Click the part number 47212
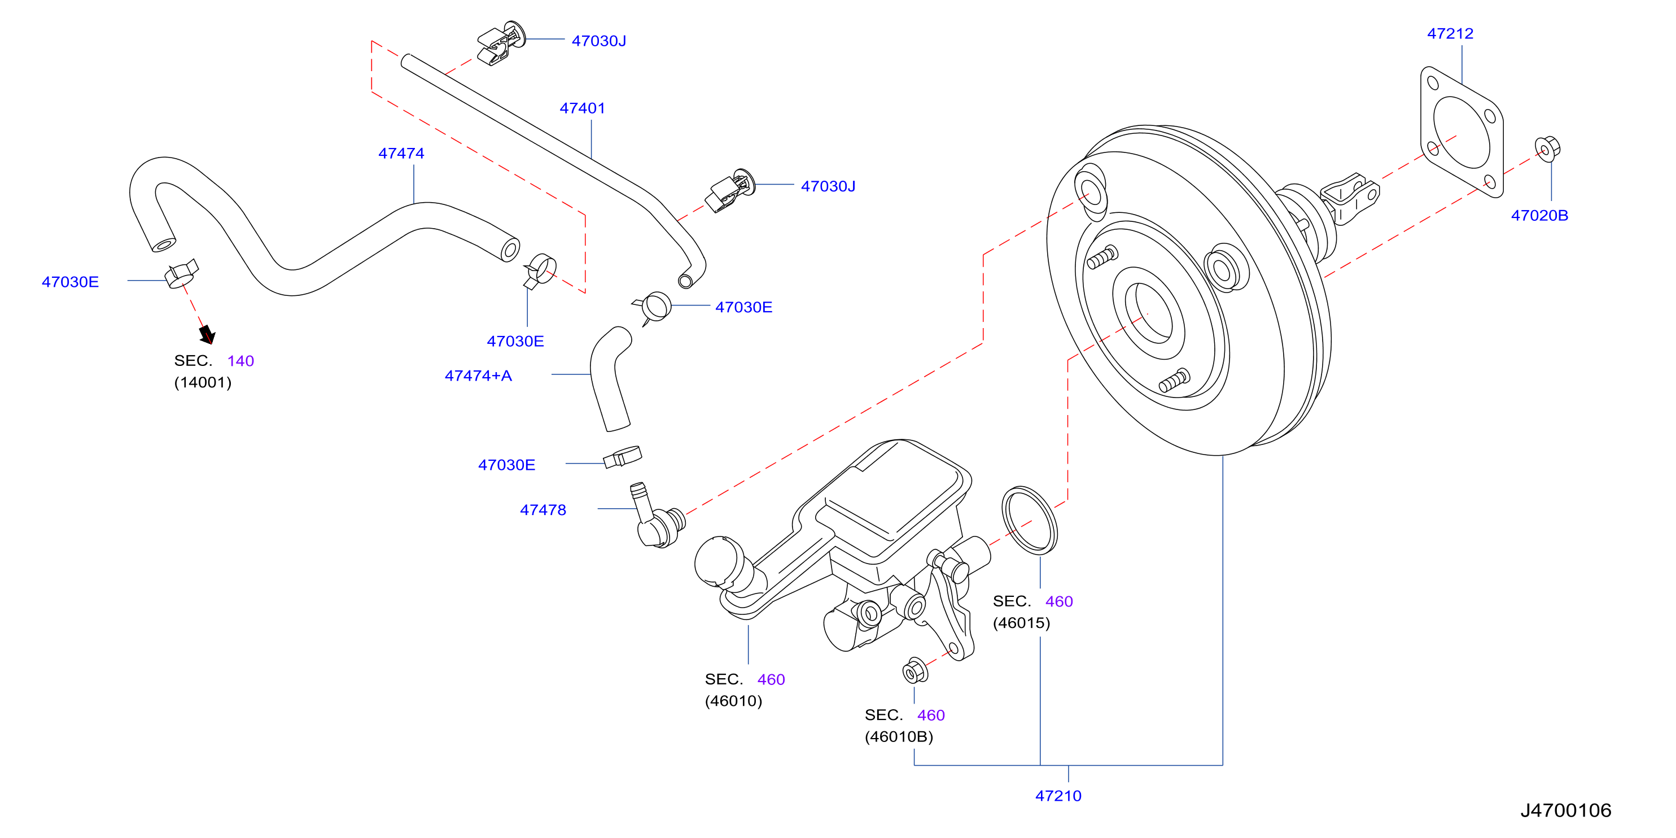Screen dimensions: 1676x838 click(1450, 33)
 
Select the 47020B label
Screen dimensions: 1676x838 click(1539, 215)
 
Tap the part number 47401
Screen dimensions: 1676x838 click(583, 108)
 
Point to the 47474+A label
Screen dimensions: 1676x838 click(478, 376)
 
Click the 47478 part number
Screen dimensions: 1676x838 click(542, 510)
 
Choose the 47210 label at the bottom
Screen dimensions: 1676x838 click(1058, 796)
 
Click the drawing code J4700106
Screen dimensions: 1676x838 click(1565, 810)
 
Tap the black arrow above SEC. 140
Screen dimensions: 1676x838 click(207, 334)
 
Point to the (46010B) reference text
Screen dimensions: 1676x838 click(899, 736)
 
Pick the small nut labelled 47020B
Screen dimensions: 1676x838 click(1547, 149)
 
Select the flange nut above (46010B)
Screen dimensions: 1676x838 click(915, 671)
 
